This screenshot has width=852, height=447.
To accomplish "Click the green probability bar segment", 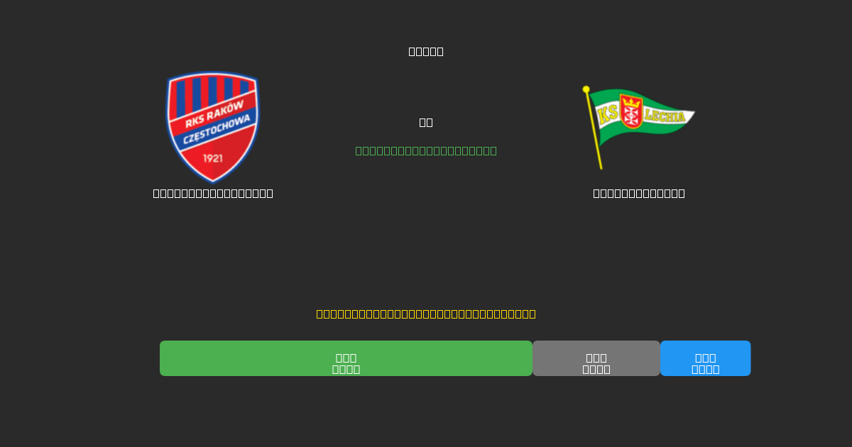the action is tap(346, 358).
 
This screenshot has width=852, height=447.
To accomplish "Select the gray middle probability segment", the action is tap(596, 358).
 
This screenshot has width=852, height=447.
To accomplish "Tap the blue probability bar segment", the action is tap(705, 358).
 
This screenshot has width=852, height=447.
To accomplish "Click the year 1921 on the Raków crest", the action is tap(213, 158).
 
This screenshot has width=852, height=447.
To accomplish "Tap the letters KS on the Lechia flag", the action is tap(608, 114).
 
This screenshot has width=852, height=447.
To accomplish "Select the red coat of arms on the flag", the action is tap(630, 111).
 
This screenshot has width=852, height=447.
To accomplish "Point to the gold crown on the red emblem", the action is tap(630, 102).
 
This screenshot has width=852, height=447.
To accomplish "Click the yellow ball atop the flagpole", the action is tap(586, 89).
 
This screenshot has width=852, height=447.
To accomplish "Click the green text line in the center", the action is tap(426, 150).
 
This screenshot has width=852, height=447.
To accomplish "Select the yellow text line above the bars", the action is tap(426, 314).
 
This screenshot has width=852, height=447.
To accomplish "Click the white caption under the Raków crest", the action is tap(213, 193).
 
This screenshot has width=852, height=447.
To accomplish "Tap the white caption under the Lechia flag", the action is tap(639, 193).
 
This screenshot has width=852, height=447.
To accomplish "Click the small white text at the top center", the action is tap(426, 51).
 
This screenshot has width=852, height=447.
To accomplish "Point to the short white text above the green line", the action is tap(426, 122).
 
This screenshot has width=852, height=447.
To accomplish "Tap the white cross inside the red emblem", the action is tap(630, 116).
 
